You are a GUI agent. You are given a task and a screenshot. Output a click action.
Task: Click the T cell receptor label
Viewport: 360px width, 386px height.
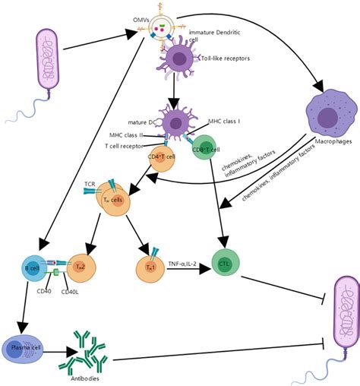coord(125,147)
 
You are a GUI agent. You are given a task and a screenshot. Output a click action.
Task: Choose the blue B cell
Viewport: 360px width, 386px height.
coord(34,268)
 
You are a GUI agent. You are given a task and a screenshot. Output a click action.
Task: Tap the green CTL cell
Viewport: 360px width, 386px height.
coord(224,263)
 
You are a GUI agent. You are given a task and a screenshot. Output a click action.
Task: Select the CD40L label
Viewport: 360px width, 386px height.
coord(71,291)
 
